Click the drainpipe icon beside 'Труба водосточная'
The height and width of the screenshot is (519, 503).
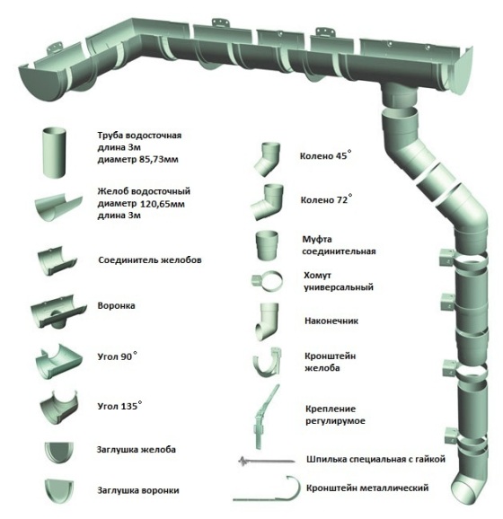(x=54, y=153)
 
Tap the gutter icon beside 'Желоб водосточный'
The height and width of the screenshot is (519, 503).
(x=58, y=207)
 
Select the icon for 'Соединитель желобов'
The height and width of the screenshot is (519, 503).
(x=57, y=260)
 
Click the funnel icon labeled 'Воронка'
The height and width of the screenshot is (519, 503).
(x=58, y=312)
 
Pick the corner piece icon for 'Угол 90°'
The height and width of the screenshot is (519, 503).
(x=58, y=362)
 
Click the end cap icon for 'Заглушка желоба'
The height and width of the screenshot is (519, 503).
(x=59, y=453)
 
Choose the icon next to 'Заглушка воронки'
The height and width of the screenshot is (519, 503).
(x=59, y=491)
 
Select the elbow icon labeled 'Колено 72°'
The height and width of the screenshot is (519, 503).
(x=268, y=202)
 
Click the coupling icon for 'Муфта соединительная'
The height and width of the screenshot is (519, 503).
(x=267, y=245)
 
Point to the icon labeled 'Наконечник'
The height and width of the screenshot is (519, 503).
(x=267, y=321)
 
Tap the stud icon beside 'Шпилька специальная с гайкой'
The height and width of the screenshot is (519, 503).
(x=267, y=461)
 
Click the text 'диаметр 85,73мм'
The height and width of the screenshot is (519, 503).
(x=137, y=160)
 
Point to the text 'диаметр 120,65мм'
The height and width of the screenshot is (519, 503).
(x=141, y=204)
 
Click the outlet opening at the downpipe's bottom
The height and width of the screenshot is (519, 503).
(x=466, y=492)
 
